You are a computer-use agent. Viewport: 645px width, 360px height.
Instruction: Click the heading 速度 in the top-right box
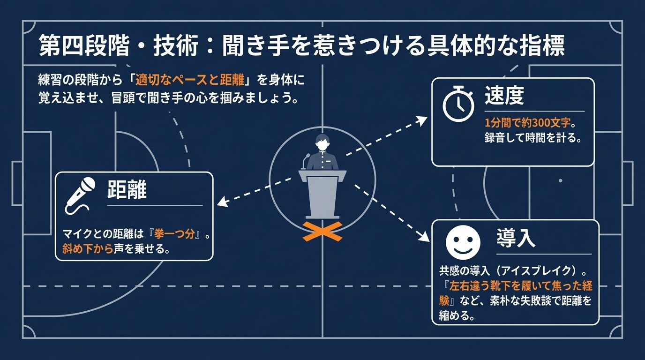point(504,97)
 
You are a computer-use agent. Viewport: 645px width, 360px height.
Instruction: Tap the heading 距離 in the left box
point(127,190)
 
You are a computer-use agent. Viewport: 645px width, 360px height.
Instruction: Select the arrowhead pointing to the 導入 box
point(424,238)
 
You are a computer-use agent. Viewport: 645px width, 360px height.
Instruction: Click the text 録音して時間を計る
point(532,139)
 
